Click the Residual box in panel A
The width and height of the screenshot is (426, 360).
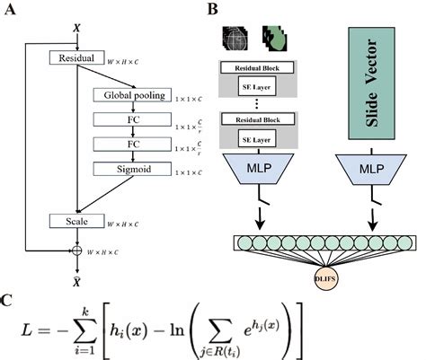pos(76,58)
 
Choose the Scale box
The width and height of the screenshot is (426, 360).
pos(76,220)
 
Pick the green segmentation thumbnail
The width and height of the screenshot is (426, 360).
pos(274,37)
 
